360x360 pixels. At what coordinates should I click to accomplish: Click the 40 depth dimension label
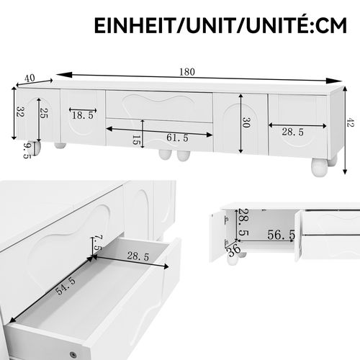click(x=28, y=76)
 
